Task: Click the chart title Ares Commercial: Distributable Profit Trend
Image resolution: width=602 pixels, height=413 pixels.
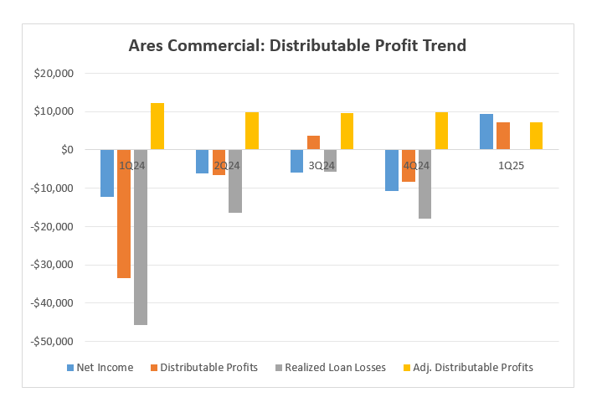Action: point(297,45)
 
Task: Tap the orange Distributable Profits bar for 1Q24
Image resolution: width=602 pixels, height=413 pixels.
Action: point(124,214)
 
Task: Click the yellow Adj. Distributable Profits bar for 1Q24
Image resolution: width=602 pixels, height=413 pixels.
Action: point(157,126)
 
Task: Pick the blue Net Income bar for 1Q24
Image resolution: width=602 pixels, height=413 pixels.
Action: point(107,173)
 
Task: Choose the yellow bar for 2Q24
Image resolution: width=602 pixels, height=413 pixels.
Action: point(252,131)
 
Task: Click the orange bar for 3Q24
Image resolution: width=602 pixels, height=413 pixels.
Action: point(313,142)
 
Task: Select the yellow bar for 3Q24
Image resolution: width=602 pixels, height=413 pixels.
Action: point(347,132)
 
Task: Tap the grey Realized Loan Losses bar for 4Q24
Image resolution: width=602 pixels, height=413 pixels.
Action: point(424,184)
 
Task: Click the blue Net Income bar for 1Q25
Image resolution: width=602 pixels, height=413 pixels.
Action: point(486,132)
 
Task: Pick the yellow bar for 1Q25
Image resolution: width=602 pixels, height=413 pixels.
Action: point(536,136)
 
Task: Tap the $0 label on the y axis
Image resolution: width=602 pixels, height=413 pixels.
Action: point(66,150)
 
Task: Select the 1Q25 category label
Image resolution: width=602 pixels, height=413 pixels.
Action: point(511,166)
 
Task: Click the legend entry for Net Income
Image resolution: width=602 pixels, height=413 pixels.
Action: point(100,367)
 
